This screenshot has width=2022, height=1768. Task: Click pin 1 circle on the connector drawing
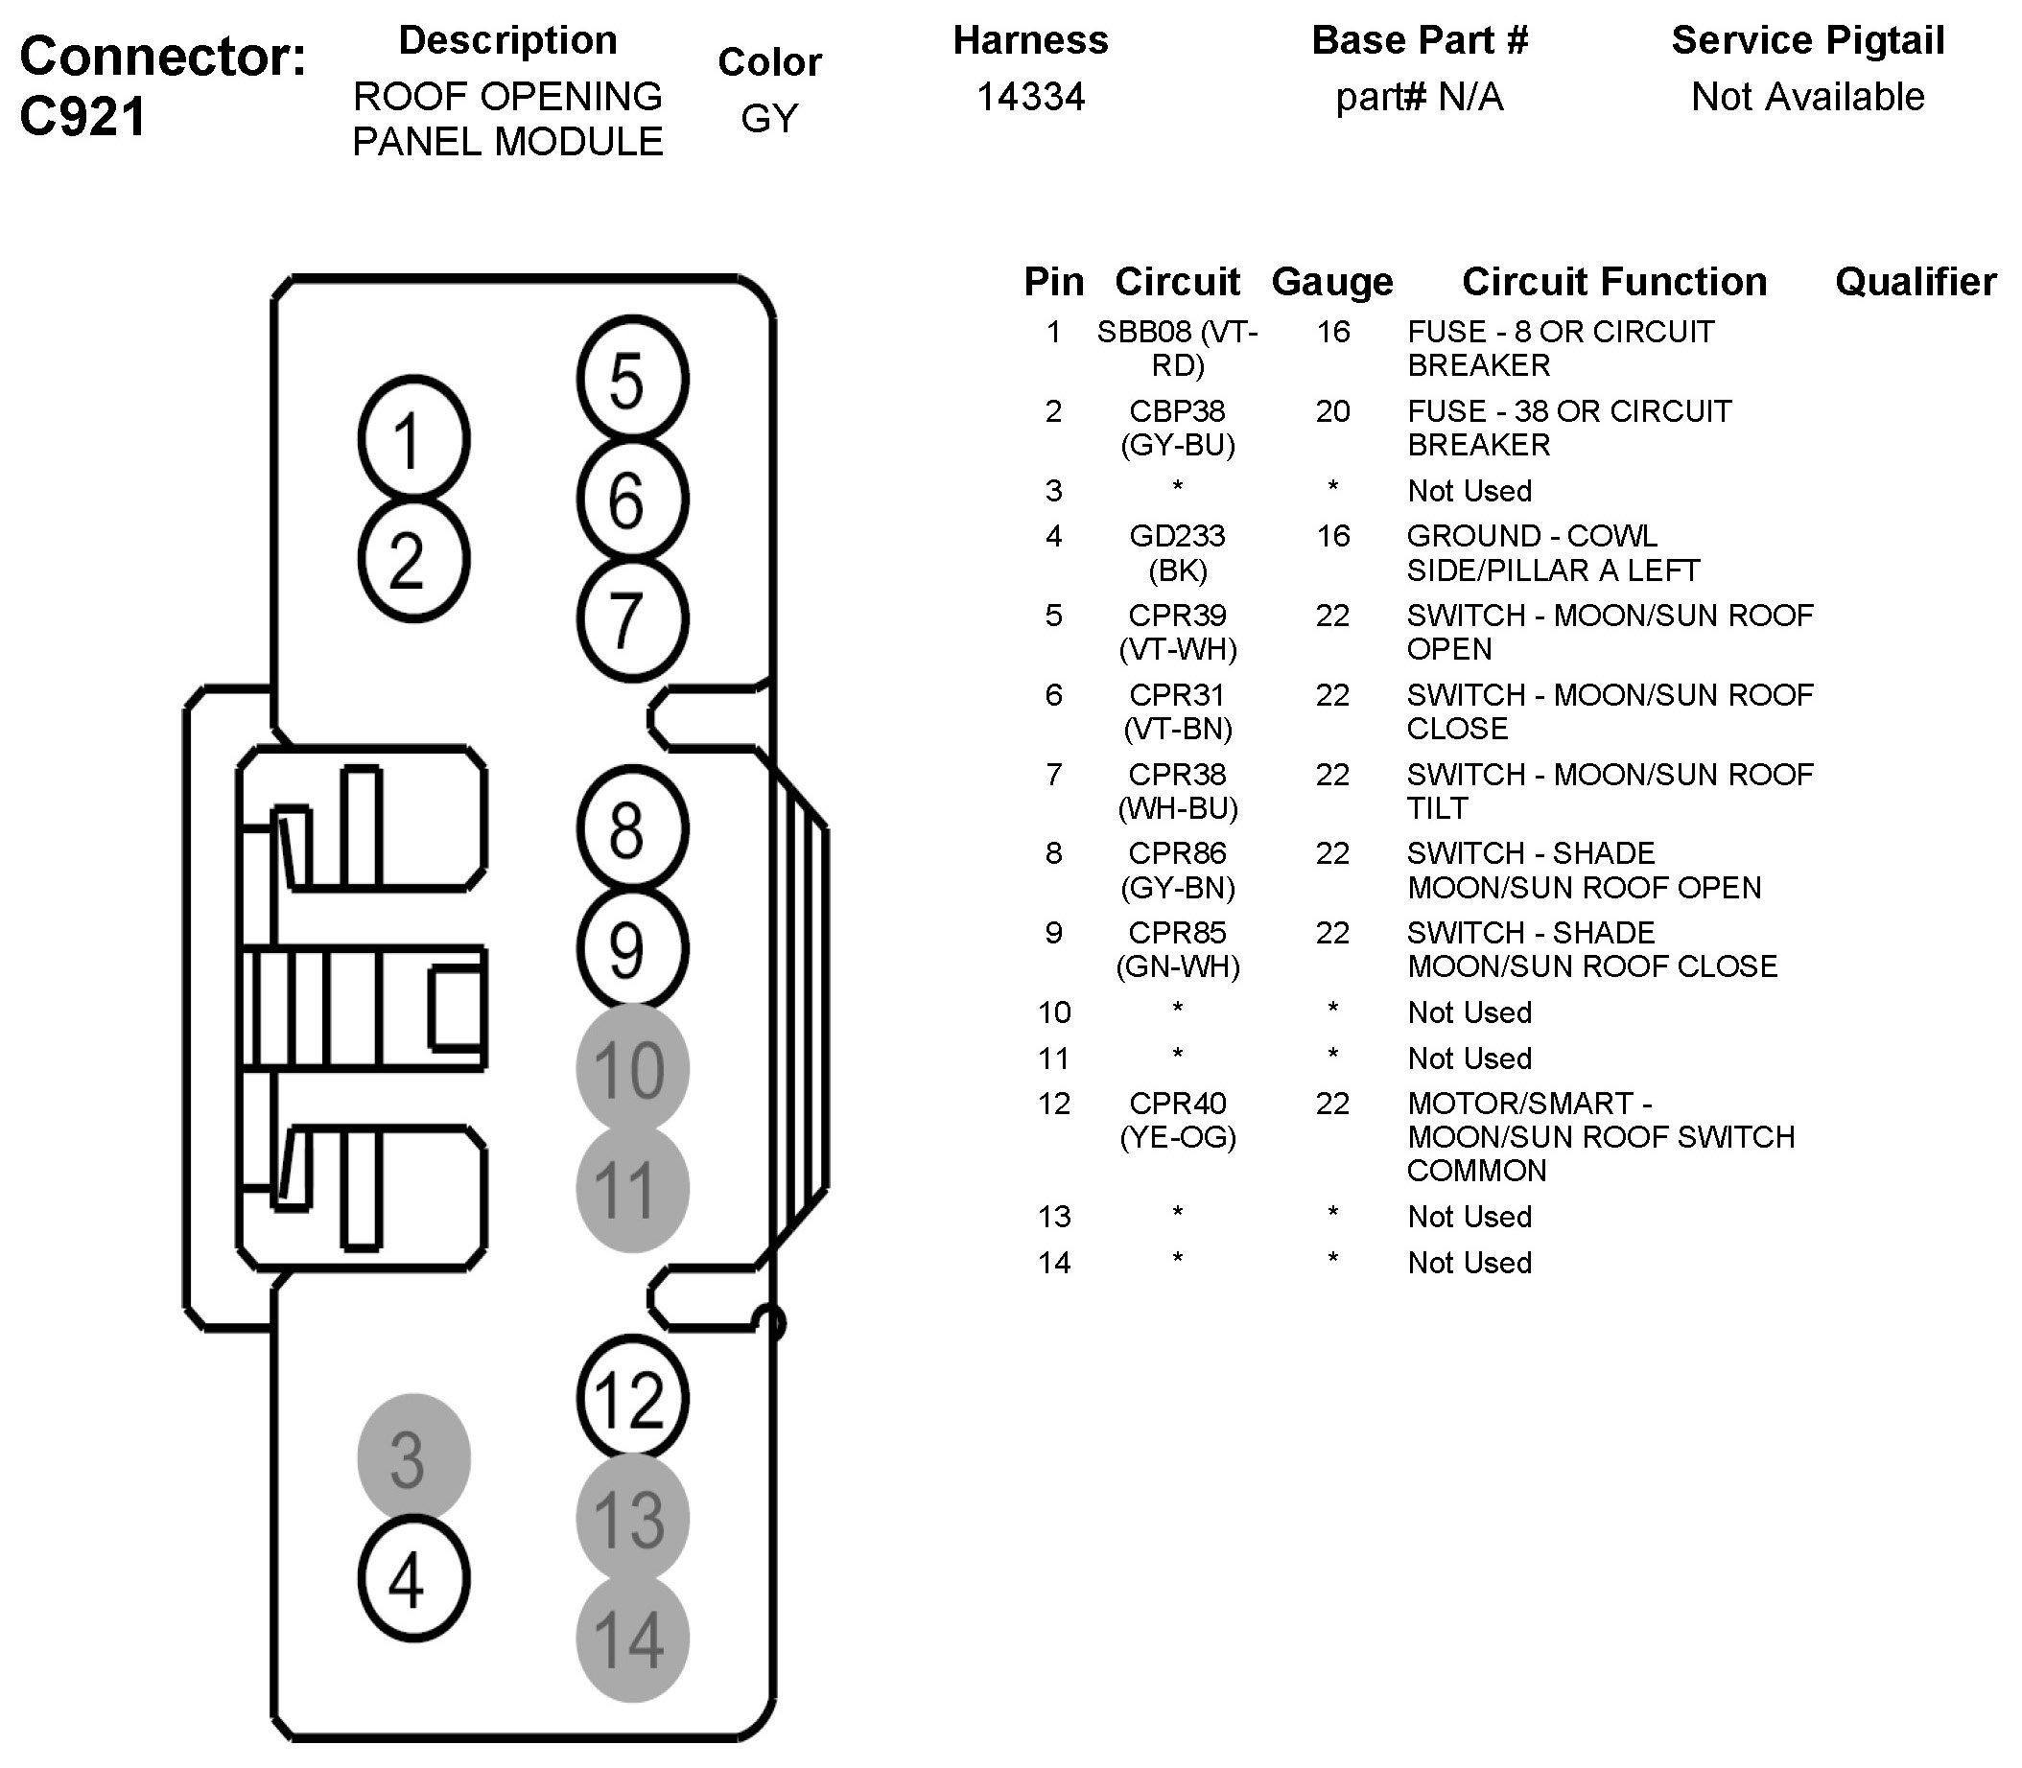(413, 439)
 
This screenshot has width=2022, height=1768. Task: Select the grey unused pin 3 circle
(413, 1457)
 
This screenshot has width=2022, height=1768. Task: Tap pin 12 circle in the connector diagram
(631, 1397)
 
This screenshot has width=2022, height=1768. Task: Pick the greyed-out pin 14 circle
(631, 1639)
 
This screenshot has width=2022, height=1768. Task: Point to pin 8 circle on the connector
(631, 828)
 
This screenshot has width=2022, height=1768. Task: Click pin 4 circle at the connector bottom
(413, 1577)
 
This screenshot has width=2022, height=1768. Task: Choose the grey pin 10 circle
(631, 1068)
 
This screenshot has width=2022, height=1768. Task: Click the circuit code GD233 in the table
(1177, 536)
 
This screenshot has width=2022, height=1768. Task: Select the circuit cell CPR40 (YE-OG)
(1177, 1120)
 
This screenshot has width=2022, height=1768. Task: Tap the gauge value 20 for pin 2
(1332, 410)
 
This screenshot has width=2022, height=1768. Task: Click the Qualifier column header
(1916, 282)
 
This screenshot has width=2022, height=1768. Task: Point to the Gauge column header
(1332, 282)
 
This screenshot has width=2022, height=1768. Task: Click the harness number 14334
(1030, 97)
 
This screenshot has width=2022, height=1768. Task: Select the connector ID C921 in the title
(82, 116)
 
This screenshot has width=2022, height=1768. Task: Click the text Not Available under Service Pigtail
(1808, 97)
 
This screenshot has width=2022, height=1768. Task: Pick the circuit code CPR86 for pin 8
(1177, 852)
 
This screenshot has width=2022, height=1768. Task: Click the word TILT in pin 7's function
(1437, 808)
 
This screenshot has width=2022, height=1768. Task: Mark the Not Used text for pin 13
(1469, 1217)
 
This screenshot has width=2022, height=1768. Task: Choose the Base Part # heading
(1419, 40)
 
